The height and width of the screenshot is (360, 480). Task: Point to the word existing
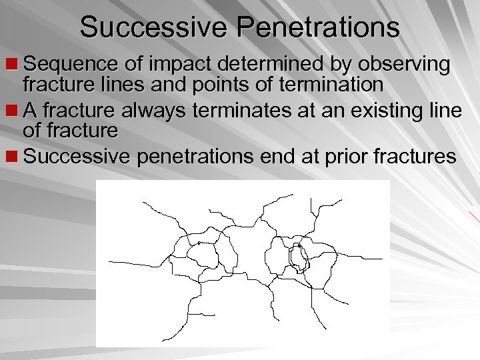[381, 111]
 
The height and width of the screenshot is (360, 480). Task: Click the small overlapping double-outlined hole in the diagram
[298, 257]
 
